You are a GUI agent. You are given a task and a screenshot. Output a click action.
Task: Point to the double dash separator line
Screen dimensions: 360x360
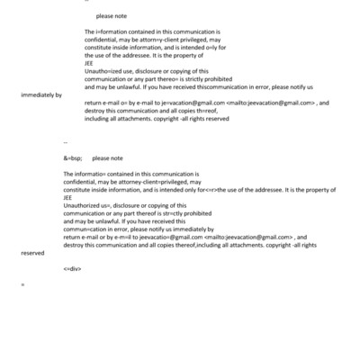click(x=67, y=142)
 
